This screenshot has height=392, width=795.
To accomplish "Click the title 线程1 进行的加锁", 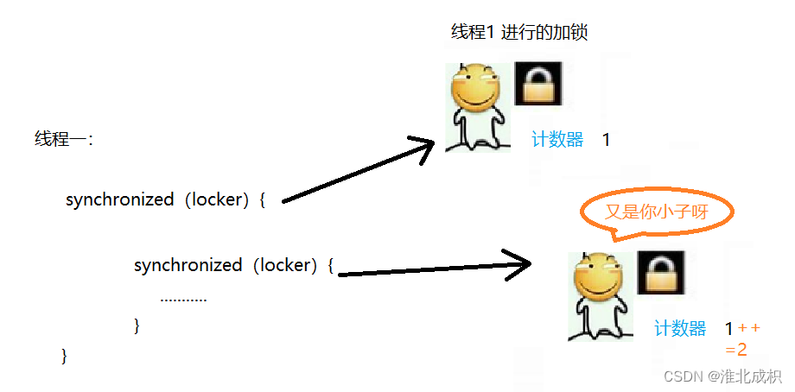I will pos(519,32).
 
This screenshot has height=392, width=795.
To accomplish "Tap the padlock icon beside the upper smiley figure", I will pos(538,84).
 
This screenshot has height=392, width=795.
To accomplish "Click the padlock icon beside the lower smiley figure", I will pos(661,273).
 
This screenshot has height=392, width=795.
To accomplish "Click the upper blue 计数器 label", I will pos(557,140).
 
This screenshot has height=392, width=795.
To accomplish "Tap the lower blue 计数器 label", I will pos(680,329).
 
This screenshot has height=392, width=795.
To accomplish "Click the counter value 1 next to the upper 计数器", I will pos(607,140).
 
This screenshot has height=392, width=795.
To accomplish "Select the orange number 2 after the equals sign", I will pos(741,350).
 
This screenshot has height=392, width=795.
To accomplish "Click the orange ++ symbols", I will pos(749,327).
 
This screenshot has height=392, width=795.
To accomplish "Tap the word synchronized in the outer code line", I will pos(119,199).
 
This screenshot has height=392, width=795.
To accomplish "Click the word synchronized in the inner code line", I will pos(188,266).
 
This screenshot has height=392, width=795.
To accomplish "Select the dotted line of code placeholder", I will pos(183,299).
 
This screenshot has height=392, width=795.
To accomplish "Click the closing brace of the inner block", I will pos(137,326).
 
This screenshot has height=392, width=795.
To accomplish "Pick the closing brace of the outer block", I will pos(64,355).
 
